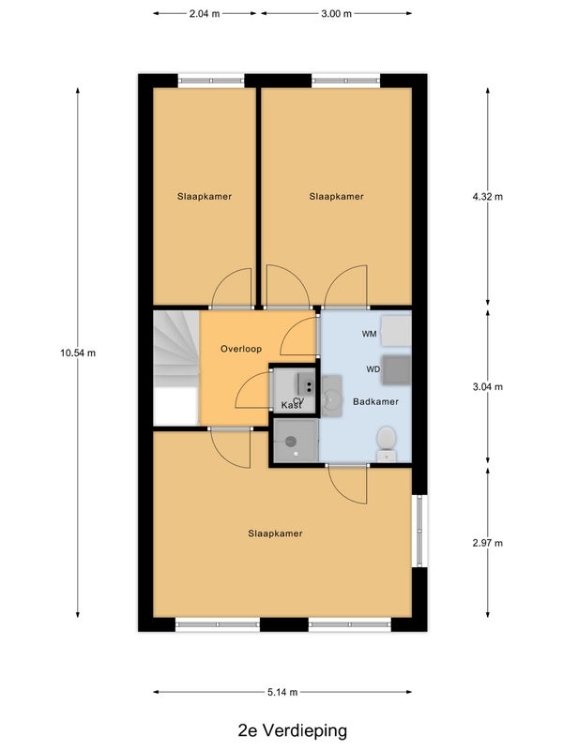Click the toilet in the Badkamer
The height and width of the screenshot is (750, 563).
coord(387,443)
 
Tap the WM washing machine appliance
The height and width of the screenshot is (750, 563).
coord(396,331)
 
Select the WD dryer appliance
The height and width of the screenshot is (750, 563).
coord(396,369)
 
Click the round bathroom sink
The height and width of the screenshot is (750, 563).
coord(331,396)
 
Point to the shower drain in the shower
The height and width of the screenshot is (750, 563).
coord(291,442)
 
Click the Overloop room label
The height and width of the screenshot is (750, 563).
coord(241,349)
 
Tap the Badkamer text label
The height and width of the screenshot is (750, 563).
coord(376,401)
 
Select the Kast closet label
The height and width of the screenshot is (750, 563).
coord(292,406)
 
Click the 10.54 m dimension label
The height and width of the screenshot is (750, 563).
coord(78,353)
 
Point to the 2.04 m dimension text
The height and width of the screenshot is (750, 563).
coord(205,13)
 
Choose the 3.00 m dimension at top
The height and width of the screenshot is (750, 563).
coord(336,13)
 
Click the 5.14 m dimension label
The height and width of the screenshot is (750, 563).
coord(282,692)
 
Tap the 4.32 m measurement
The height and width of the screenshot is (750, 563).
coord(488,196)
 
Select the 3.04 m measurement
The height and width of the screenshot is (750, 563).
coord(488,386)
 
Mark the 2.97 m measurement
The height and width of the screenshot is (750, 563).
coord(488,543)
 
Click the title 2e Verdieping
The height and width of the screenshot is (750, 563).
coord(293,730)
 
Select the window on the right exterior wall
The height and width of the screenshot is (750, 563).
coord(419,531)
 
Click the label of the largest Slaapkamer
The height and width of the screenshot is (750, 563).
coord(275,533)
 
